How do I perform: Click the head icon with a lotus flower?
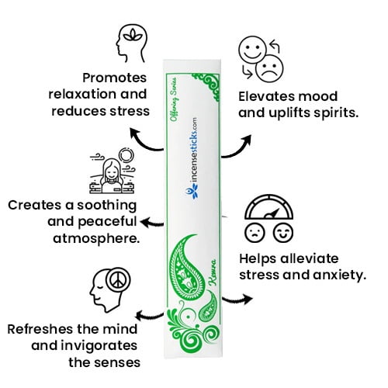132,43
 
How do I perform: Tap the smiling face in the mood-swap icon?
252,49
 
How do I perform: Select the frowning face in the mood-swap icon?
269,68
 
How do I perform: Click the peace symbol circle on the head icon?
118,280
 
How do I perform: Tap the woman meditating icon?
113,171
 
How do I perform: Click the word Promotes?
114,78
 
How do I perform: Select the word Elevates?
266,97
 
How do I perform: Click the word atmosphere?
96,238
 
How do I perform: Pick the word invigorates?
102,346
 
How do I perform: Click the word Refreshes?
40,329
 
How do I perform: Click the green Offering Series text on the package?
174,99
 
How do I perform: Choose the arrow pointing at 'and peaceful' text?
152,223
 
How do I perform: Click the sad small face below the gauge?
255,233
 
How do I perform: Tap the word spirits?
336,113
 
